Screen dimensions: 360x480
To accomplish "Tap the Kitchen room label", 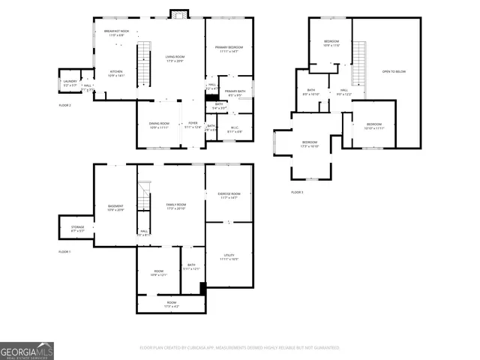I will pos(115,73).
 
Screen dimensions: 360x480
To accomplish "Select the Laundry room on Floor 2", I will pos(70,83).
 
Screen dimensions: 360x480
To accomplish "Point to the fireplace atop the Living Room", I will pos(178,13).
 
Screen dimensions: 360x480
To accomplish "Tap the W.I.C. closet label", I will pos(234,129).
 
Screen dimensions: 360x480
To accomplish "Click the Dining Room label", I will pos(159,125).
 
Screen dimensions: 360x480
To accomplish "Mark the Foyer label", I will pos(193,125).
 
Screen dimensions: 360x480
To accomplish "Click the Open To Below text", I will pos(394,72).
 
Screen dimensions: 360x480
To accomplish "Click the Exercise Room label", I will pos(229,195).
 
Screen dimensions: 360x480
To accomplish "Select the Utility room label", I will pos(229,257).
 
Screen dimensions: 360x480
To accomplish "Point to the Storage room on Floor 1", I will pos(77,228).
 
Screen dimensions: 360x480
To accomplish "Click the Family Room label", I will pos(176,205).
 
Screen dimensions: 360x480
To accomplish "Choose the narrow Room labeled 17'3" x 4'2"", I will pos(171,305).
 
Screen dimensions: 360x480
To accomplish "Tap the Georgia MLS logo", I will pos(27,350).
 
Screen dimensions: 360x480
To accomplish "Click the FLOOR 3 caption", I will pos(298,193).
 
